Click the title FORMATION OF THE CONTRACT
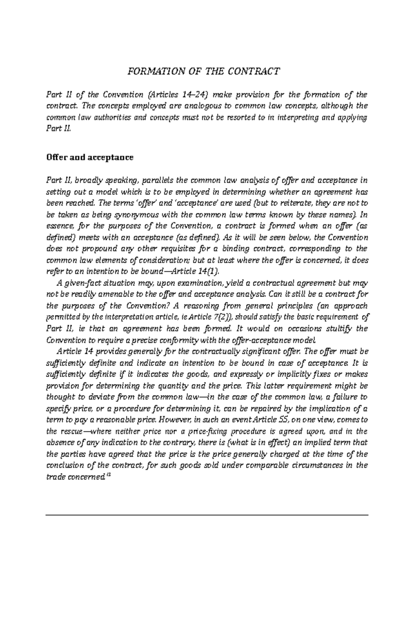click(204, 71)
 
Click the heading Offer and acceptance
click(90, 158)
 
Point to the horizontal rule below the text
click(207, 515)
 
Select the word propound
click(90, 249)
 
